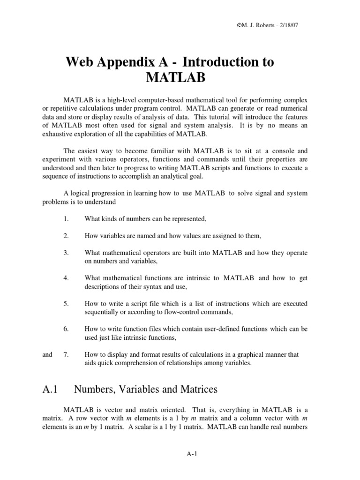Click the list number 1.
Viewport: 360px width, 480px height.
(66, 218)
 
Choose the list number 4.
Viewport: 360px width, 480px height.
(66, 278)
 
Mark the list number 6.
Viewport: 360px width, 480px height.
(66, 329)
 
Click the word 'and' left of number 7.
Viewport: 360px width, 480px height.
(47, 355)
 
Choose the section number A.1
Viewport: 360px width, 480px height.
(50, 389)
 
